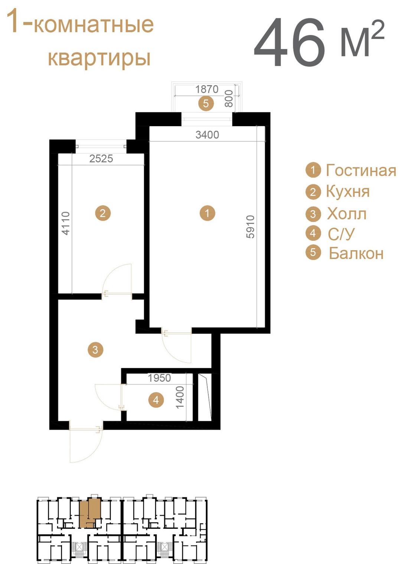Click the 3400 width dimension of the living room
207,135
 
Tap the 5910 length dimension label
251,226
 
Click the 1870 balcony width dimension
207,89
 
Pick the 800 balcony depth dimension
229,99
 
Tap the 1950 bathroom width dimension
159,378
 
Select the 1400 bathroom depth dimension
180,398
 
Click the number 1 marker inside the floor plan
207,213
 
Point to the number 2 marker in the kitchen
102,213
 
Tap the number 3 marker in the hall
95,350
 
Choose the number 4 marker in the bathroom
156,400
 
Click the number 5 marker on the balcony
206,103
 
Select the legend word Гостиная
361,170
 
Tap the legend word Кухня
348,192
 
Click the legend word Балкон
356,253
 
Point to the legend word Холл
346,214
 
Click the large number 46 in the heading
289,42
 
